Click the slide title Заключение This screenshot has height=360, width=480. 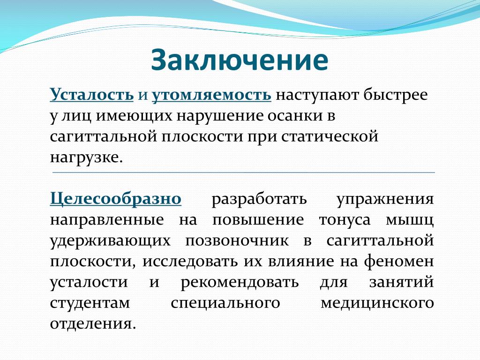240,60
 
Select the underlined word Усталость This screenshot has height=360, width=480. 91,95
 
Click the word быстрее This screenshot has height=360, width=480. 396,95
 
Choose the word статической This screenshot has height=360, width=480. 330,137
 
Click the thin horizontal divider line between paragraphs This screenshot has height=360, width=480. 244,172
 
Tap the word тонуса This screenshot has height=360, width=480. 345,220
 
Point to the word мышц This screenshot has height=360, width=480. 410,220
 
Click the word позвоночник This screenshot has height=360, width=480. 237,241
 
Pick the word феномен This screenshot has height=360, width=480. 398,262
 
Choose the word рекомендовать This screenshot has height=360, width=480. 240,282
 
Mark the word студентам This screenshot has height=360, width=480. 90,303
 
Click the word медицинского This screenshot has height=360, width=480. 377,304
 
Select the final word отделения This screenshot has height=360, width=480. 92,324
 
